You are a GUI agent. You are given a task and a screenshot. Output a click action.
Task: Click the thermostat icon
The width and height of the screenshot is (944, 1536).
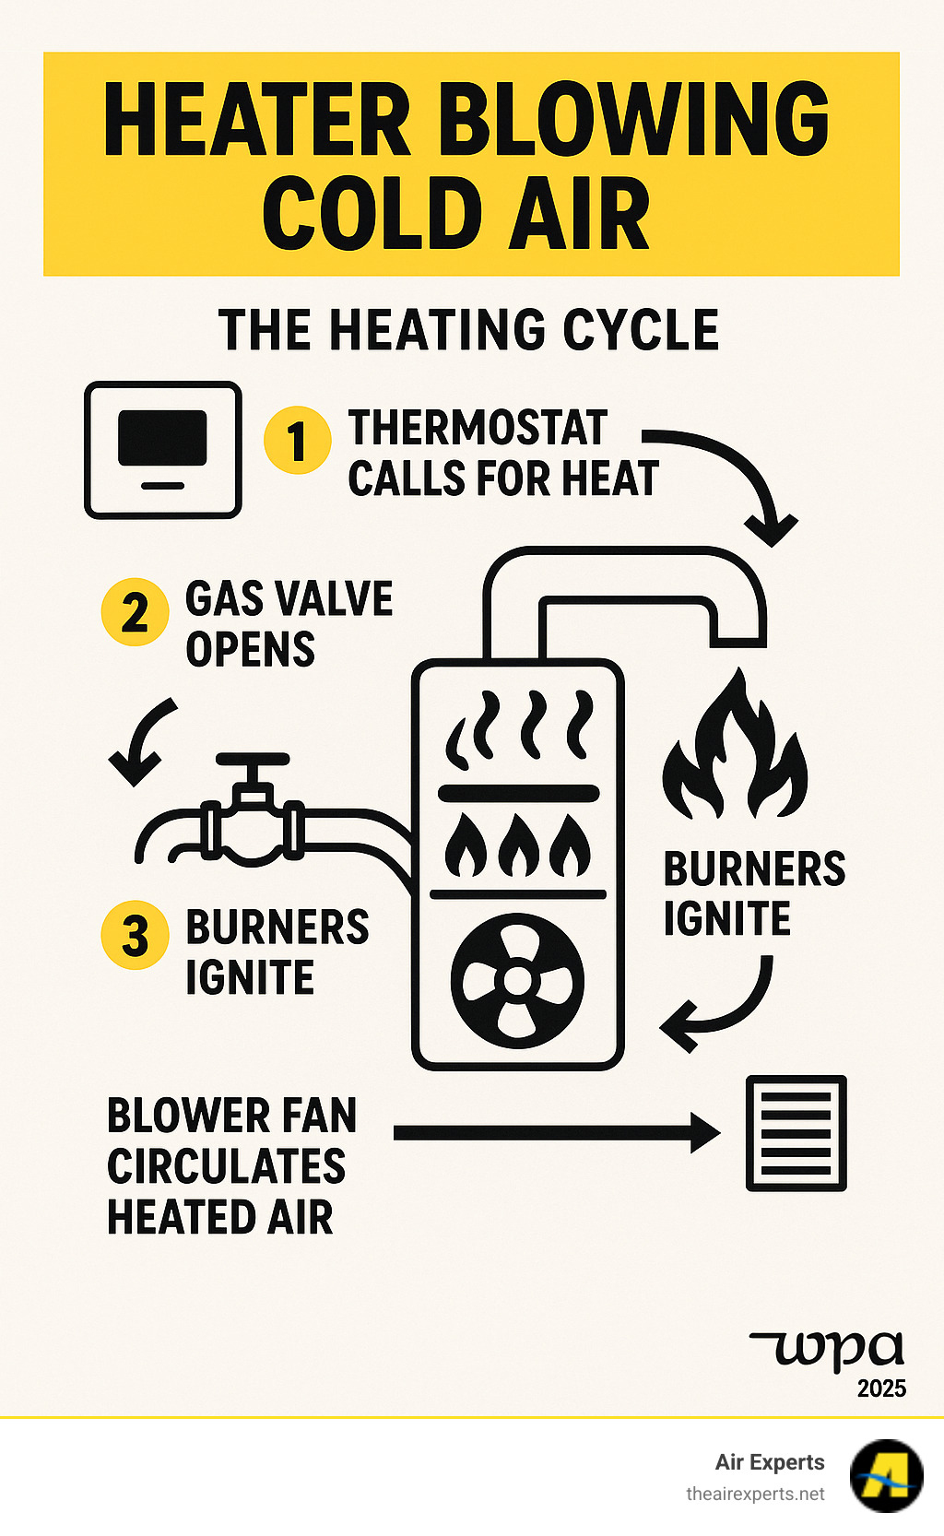coord(163,450)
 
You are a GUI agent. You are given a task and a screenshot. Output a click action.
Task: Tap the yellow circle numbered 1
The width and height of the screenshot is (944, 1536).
coord(297,441)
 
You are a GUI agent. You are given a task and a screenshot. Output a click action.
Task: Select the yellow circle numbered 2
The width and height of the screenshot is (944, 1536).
coord(135,612)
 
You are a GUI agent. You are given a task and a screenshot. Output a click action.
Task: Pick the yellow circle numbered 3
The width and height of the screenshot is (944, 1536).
coord(135,935)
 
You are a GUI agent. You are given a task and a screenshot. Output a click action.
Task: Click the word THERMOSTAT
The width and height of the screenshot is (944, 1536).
coord(478,428)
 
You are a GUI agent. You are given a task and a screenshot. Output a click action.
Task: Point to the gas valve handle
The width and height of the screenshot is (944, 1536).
coord(252,762)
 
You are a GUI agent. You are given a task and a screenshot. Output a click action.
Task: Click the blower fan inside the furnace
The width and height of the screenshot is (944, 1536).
coord(518,980)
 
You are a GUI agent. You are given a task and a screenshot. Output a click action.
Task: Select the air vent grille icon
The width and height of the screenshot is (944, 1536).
coord(796,1133)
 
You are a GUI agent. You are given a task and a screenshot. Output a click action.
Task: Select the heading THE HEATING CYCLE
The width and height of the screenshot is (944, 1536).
coord(468,330)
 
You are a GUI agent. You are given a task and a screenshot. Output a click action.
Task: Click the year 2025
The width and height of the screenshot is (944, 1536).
coord(881,1388)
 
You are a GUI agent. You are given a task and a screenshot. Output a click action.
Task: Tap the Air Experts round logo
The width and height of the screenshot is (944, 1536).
coord(886,1475)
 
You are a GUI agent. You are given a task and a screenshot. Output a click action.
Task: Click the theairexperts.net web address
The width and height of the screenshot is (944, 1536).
coord(755,1494)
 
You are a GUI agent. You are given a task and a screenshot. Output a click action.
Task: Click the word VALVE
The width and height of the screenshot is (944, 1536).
coord(341,599)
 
